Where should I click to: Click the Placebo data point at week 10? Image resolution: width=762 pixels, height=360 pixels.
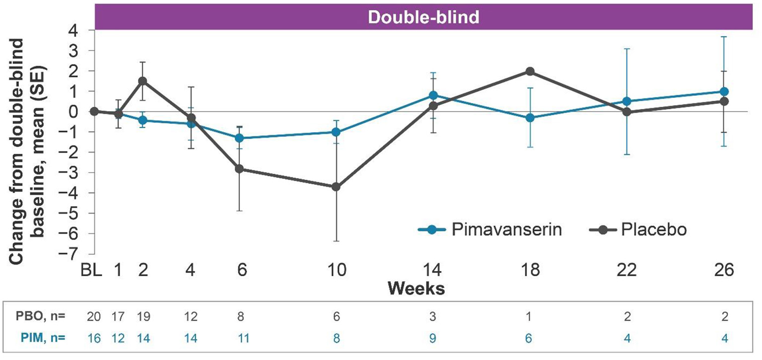coord(336,187)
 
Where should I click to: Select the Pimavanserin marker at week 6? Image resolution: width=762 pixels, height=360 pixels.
coord(239,138)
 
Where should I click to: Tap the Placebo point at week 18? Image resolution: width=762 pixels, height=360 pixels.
coord(530,72)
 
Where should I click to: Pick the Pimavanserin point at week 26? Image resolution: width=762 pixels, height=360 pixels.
coord(724,92)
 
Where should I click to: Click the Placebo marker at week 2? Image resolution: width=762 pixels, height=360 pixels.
coord(142,81)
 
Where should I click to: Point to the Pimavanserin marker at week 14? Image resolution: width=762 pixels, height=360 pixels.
coord(433,95)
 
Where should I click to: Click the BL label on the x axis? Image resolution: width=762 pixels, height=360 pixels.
coord(92,272)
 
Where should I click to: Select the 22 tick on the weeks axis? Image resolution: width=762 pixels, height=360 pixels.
coord(626,272)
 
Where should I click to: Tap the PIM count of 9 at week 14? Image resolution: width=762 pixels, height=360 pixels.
coord(433,337)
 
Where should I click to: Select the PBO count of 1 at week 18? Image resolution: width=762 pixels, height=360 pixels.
coord(530,316)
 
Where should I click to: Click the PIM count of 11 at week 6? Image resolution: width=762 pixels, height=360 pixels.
coord(239,337)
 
